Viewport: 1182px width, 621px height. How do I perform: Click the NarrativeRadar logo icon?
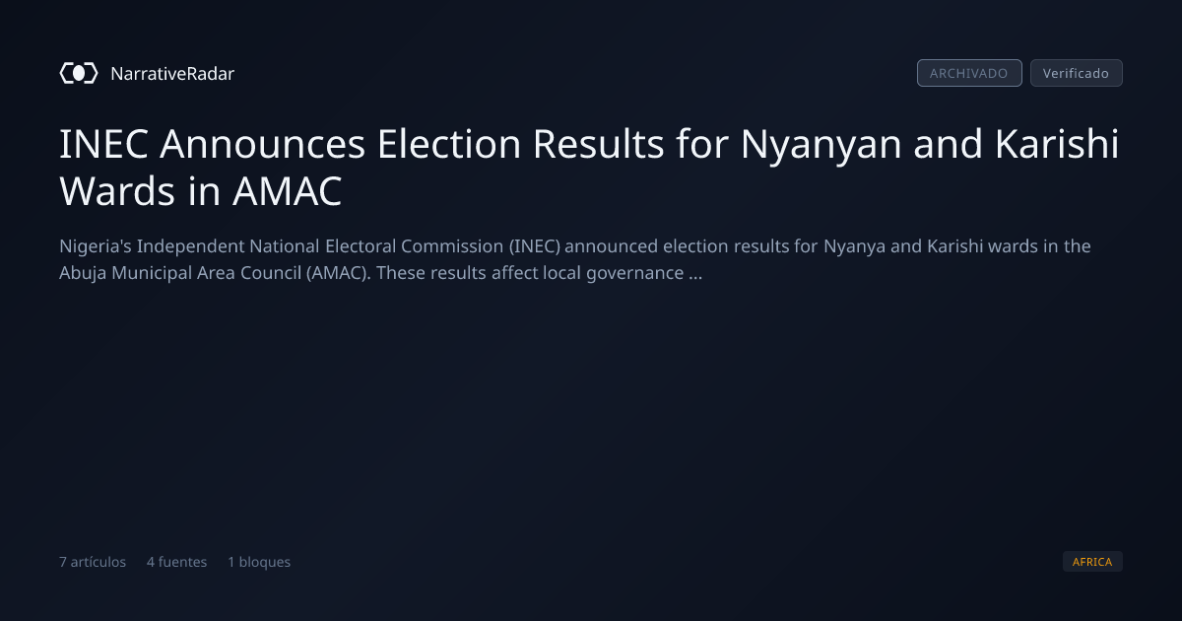79,73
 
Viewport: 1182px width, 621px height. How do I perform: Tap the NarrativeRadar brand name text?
172,73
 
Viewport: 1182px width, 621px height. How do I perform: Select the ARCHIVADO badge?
969,73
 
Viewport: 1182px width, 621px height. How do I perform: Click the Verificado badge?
1076,73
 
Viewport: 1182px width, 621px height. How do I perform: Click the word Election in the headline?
449,144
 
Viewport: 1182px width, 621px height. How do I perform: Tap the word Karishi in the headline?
1057,143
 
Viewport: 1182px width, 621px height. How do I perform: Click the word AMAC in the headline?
287,191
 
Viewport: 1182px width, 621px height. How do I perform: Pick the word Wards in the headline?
117,191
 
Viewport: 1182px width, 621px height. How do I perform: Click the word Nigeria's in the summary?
96,246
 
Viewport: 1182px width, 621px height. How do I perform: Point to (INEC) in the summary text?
535,246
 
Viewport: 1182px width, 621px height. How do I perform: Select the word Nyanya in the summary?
854,247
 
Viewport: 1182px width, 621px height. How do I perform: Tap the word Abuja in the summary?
83,274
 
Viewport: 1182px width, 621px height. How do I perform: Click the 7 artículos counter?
93,562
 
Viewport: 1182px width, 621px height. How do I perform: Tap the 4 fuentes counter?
176,562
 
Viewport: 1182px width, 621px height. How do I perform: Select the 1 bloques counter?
259,562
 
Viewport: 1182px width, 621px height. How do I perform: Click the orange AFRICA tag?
1092,562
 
